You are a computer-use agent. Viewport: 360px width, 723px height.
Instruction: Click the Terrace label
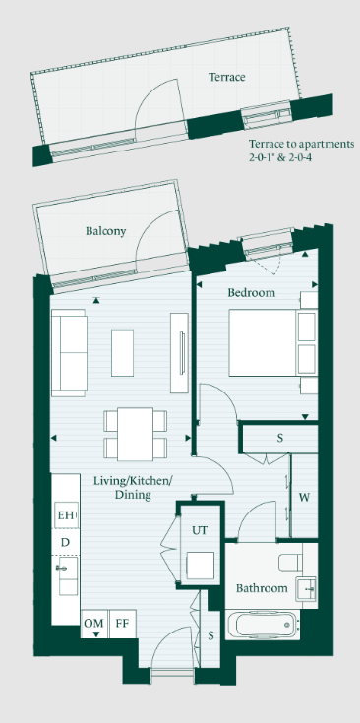227,77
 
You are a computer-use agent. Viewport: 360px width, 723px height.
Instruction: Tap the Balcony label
105,231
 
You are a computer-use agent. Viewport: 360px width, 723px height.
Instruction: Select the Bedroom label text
251,292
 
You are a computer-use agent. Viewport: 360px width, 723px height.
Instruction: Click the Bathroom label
262,588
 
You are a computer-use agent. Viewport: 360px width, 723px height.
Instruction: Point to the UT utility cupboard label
200,530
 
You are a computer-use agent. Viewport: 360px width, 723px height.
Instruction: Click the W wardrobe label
304,497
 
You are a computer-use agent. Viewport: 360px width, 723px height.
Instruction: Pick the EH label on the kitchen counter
66,515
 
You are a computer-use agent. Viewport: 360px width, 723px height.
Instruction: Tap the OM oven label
94,623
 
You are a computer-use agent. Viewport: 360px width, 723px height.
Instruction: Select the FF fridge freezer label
122,623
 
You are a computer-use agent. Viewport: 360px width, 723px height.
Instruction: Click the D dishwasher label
65,542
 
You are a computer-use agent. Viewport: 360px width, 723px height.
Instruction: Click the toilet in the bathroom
291,563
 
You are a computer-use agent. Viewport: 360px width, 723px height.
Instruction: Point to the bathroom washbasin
306,588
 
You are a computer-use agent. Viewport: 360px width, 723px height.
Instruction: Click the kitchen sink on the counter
65,575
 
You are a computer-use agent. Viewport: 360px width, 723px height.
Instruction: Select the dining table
135,434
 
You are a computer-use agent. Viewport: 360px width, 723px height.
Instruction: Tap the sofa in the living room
69,353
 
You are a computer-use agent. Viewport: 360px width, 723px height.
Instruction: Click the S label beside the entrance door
210,636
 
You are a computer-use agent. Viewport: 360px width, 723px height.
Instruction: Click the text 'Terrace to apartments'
301,144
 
